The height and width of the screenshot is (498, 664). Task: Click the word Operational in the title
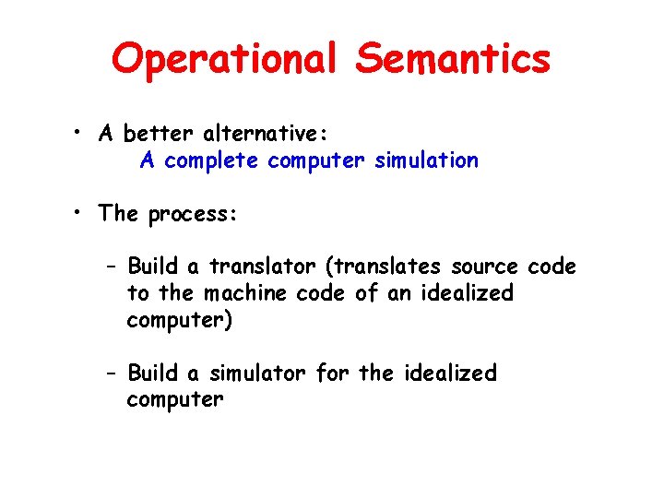(x=228, y=60)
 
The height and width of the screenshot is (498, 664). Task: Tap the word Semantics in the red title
(x=453, y=60)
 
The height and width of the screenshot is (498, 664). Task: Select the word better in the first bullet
(x=167, y=135)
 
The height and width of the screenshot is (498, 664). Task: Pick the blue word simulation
(x=427, y=160)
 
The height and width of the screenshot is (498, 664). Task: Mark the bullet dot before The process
(x=82, y=214)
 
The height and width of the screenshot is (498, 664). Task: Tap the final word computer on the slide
(x=175, y=400)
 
